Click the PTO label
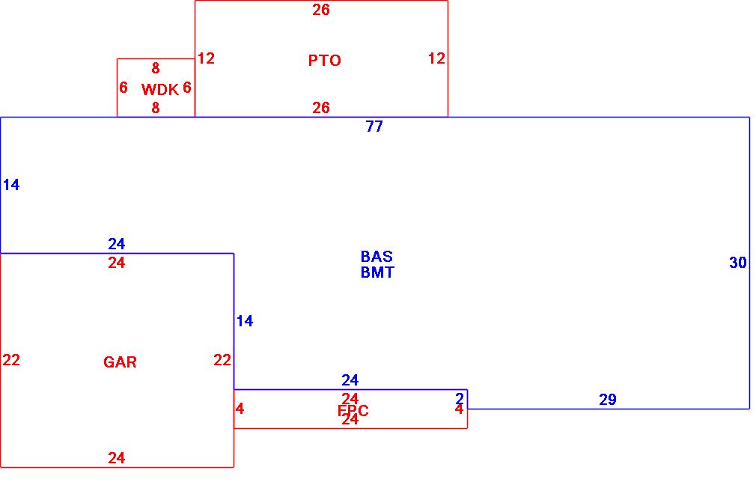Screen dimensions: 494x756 tap(324, 61)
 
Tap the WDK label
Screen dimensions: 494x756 tap(159, 90)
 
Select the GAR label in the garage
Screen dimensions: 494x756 tap(120, 362)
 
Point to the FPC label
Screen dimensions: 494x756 tap(353, 411)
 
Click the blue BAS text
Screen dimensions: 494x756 tap(377, 257)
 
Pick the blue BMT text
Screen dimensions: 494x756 tap(377, 272)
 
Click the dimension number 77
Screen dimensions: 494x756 tap(374, 126)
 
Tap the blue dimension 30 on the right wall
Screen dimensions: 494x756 tap(738, 263)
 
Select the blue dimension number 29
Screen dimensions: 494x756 tap(608, 400)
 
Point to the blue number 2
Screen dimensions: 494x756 tap(460, 398)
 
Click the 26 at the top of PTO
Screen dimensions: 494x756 tap(321, 10)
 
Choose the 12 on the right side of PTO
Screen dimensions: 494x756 tap(436, 58)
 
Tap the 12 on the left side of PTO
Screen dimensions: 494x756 tap(206, 58)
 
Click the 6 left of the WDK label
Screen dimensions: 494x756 tap(124, 88)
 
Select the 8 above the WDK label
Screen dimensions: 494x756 tap(156, 68)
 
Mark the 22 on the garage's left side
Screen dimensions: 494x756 tap(11, 360)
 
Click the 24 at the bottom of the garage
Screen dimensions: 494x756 tap(116, 458)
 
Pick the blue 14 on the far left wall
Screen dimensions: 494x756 tap(11, 185)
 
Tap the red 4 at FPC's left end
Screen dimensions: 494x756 tap(240, 409)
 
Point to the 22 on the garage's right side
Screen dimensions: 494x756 tap(222, 360)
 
